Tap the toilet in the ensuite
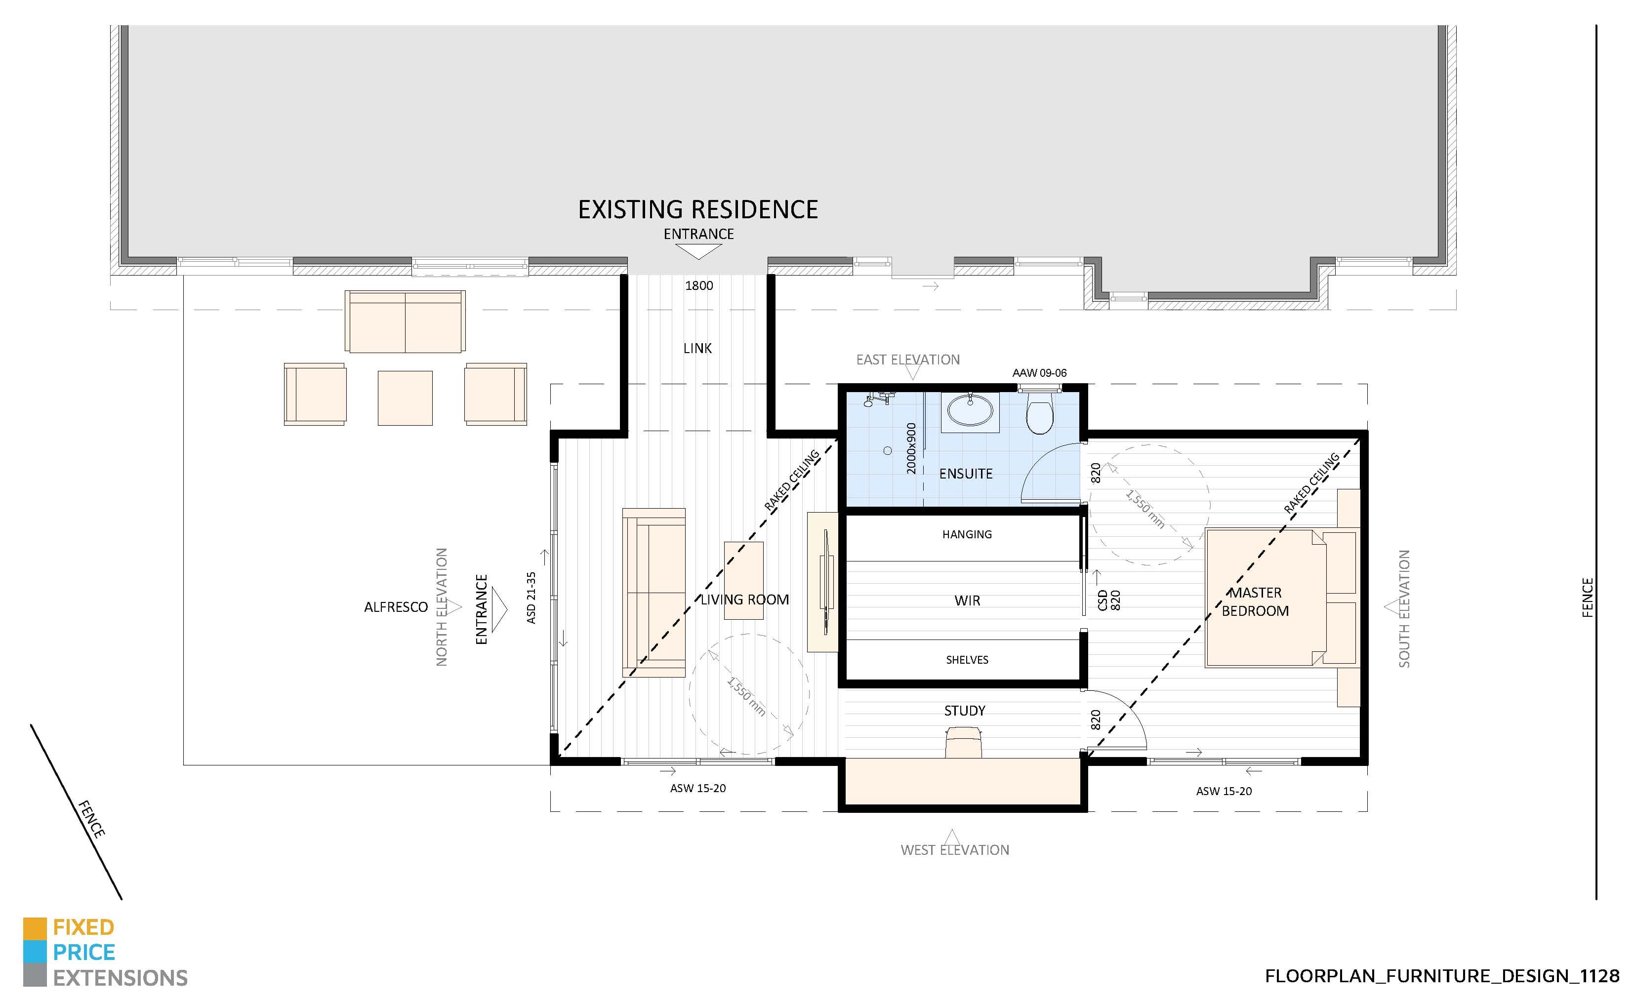[x=1039, y=414]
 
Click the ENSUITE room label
[x=966, y=474]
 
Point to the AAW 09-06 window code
[x=1039, y=373]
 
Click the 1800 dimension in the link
[x=699, y=286]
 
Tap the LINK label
[x=697, y=348]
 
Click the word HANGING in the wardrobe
[x=967, y=534]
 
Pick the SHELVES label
[x=967, y=660]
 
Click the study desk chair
[x=963, y=742]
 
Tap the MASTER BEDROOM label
[x=1255, y=601]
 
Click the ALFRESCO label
[x=396, y=607]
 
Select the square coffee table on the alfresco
[x=405, y=398]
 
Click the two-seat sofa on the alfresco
[x=405, y=322]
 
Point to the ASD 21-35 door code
[x=531, y=598]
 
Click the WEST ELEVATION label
[x=955, y=850]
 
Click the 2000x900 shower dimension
[x=911, y=448]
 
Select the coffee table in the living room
[x=743, y=581]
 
